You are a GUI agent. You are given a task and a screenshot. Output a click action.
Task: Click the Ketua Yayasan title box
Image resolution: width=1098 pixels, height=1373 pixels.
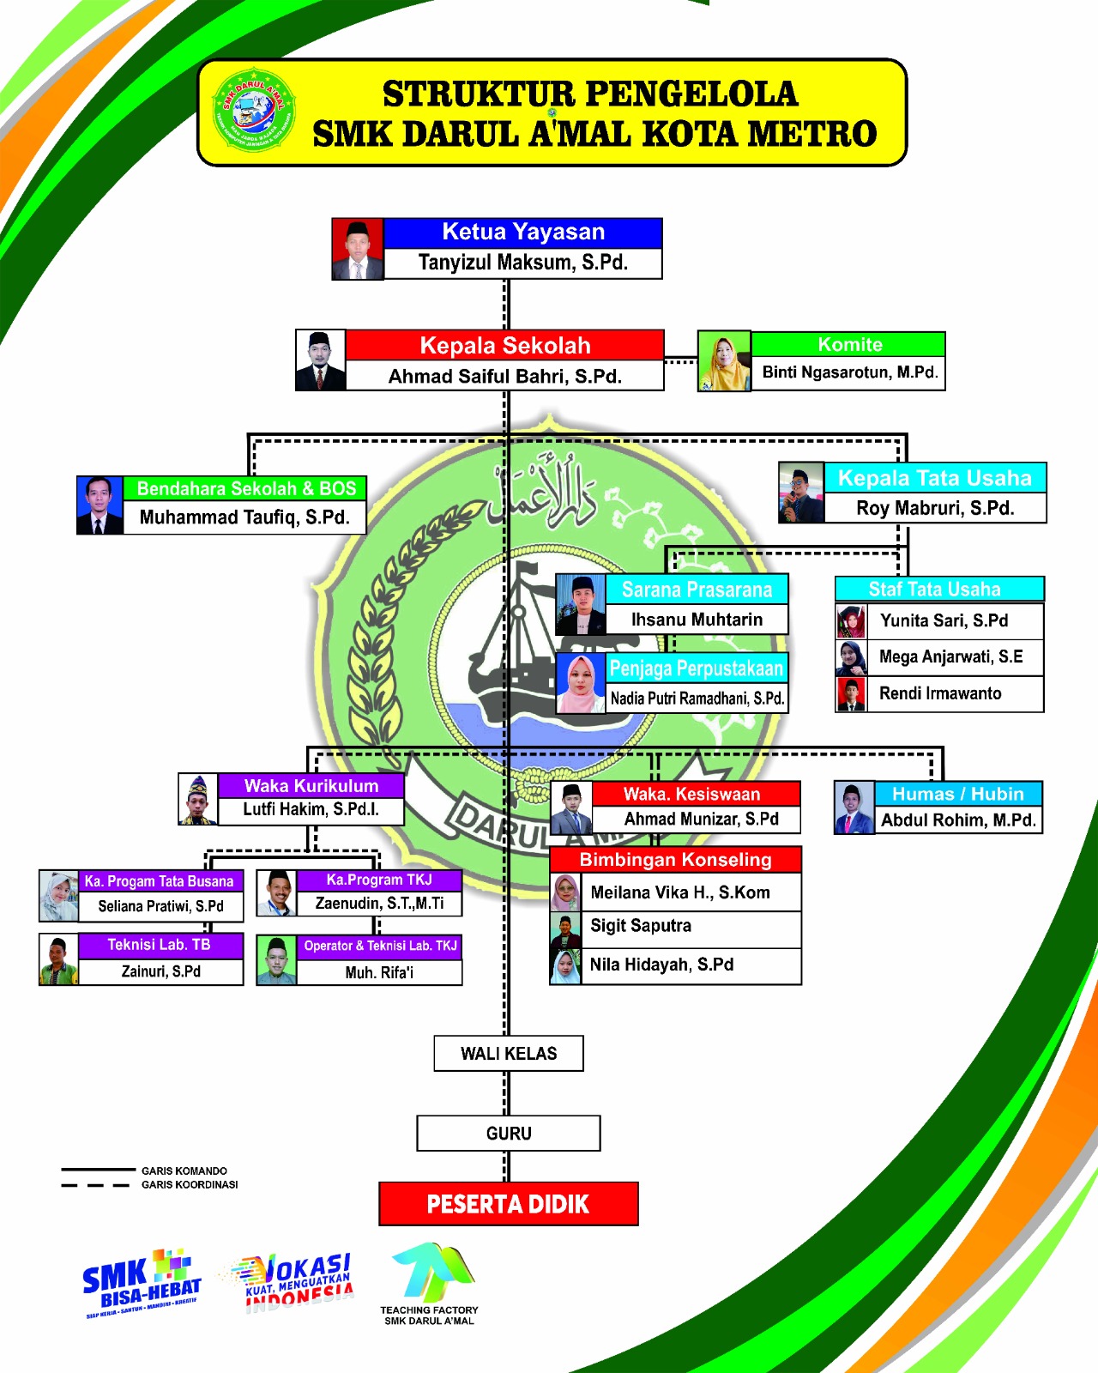coord(522,233)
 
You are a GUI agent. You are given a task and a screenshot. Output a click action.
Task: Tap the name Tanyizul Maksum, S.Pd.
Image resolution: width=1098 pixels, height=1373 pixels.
coord(522,263)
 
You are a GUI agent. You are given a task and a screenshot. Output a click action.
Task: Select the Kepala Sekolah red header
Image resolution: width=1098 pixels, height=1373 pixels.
coord(504,345)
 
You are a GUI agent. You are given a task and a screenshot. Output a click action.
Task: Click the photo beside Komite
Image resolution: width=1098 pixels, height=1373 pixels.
coord(724,361)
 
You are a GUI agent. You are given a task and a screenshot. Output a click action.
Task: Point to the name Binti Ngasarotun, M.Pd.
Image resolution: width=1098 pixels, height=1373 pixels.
coord(849,372)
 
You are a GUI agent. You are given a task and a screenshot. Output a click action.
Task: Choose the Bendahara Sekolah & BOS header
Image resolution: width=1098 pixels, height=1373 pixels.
coord(245,488)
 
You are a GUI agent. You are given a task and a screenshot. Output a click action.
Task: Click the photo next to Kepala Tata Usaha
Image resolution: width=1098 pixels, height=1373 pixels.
coord(801,493)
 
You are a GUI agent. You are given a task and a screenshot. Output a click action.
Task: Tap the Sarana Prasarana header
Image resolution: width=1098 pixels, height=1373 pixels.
coord(697,590)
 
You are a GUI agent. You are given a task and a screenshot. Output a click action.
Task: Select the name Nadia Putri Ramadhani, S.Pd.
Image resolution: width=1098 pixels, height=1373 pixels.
coord(697,699)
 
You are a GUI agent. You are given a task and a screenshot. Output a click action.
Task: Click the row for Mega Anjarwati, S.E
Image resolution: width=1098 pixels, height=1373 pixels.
coord(950,657)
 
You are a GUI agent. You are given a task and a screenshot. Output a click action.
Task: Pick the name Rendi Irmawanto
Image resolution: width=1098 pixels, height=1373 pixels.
coord(940,693)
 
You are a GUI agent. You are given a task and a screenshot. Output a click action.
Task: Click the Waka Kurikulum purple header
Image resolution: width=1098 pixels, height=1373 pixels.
coord(311,785)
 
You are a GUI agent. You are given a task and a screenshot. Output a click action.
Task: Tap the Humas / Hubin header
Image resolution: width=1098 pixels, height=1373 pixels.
coord(957,794)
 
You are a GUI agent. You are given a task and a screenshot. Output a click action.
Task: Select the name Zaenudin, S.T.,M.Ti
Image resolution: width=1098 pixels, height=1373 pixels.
coord(379,904)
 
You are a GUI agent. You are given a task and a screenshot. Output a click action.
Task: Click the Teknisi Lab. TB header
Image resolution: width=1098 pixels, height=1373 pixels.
coord(160,945)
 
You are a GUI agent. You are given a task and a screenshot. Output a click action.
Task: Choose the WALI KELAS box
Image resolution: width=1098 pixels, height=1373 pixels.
coord(509,1054)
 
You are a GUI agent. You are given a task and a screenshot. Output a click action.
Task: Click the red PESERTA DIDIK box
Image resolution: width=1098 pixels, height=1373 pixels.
coord(509,1204)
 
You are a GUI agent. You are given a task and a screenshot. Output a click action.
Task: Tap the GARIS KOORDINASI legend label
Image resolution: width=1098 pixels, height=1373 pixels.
coord(190,1185)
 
